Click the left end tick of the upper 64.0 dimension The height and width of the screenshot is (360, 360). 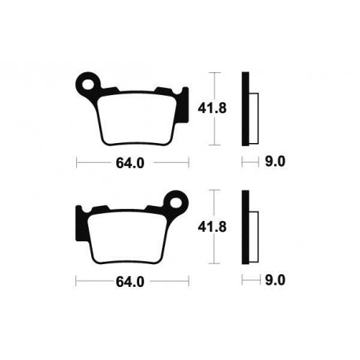tap(76, 164)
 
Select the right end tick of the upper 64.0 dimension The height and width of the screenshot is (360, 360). tap(189, 164)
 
